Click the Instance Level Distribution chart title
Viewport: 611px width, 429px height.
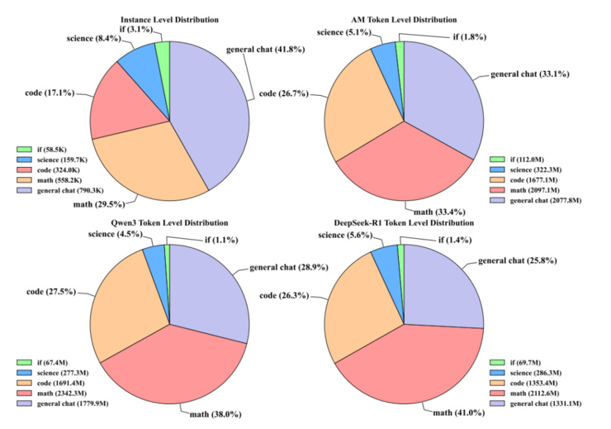pyautogui.click(x=169, y=18)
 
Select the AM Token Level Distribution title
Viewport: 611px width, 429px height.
pyautogui.click(x=405, y=18)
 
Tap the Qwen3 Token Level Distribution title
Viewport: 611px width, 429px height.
pyautogui.click(x=169, y=223)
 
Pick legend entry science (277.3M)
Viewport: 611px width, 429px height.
pyautogui.click(x=59, y=373)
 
